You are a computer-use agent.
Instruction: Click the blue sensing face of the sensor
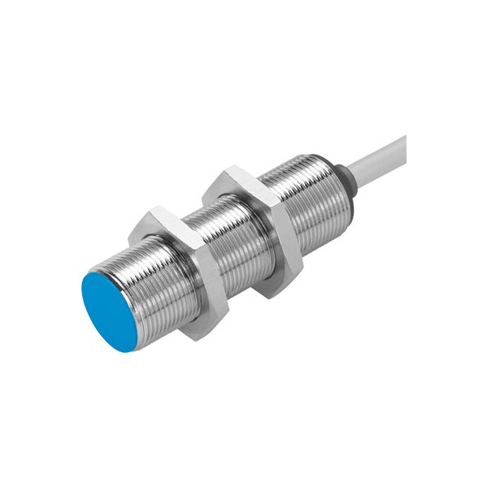pos(111,311)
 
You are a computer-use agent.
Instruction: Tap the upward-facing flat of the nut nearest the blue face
pos(167,220)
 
